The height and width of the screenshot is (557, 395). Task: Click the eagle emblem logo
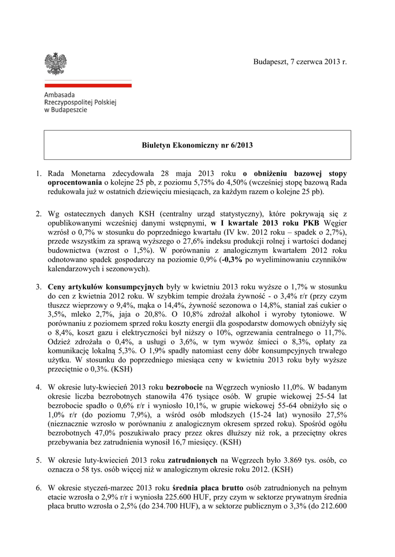click(56, 64)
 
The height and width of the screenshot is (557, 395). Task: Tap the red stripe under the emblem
click(88, 85)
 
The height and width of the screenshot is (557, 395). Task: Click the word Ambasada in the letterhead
click(60, 95)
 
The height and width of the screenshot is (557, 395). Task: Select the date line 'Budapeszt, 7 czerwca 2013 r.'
click(300, 63)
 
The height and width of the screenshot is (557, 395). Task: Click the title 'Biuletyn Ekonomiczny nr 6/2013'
click(197, 145)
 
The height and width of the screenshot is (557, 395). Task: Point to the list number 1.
click(39, 174)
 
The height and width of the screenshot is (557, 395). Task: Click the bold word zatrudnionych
click(192, 460)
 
